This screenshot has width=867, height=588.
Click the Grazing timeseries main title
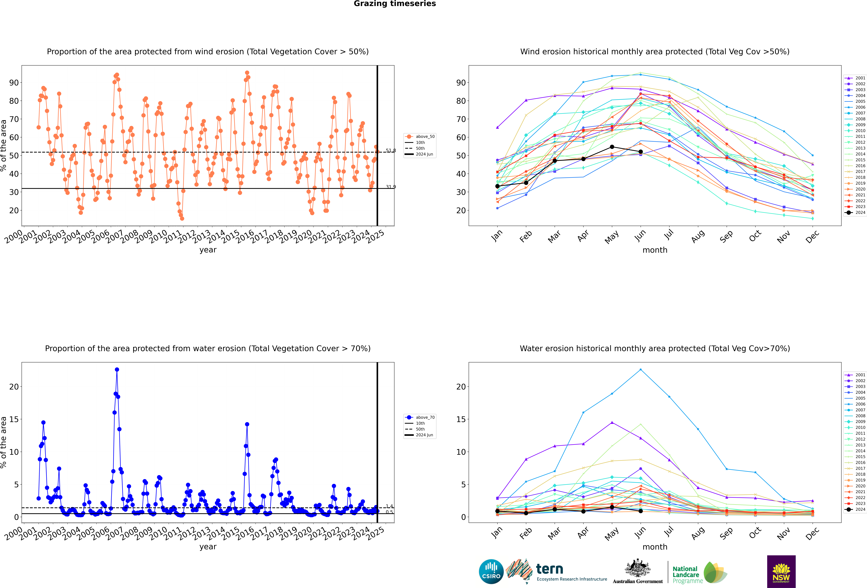point(395,4)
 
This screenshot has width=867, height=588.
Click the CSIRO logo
point(491,572)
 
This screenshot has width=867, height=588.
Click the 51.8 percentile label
point(391,150)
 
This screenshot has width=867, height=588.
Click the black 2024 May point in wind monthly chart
point(612,147)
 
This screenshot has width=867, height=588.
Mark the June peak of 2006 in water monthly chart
point(641,370)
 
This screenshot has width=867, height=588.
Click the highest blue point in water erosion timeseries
point(117,370)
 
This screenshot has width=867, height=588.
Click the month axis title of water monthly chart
point(655,547)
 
